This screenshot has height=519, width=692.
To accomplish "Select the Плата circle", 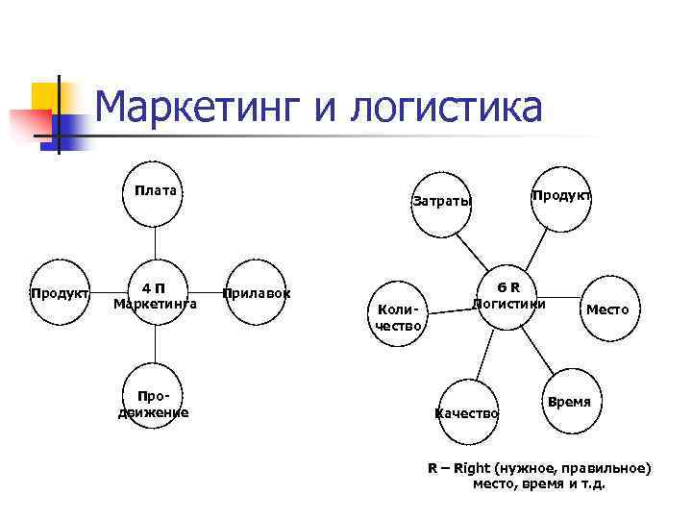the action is click(155, 192).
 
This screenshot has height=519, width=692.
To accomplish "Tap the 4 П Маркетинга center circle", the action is click(155, 295).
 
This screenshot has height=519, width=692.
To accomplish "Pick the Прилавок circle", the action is click(257, 293).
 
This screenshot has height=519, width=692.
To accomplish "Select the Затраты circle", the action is click(442, 203).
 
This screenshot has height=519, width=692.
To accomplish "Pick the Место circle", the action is click(607, 309).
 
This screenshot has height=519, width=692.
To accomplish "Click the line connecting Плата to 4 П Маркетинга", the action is click(155, 244).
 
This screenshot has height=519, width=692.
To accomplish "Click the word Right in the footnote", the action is click(472, 468).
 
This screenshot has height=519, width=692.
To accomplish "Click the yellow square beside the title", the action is click(45, 97).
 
